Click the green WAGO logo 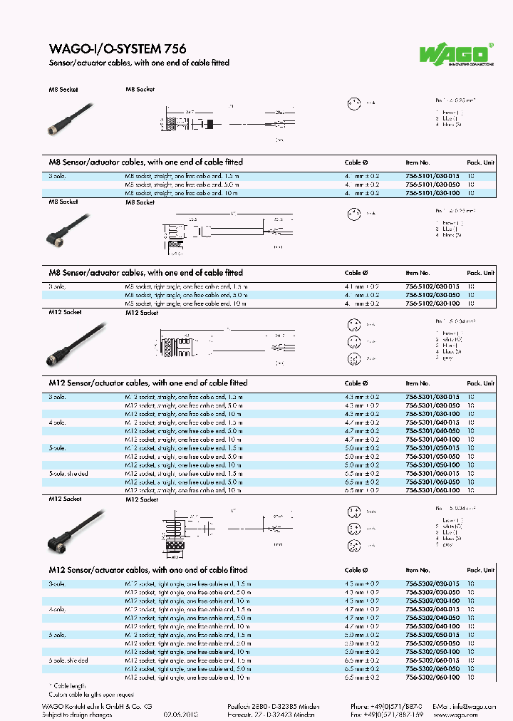tap(464, 53)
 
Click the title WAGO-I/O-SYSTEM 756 tap(118, 49)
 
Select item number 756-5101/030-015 tap(432, 175)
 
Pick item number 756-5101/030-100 tap(432, 192)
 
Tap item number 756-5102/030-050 tap(432, 294)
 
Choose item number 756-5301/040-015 tap(432, 422)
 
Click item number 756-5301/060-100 tap(432, 490)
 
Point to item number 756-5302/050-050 tap(432, 643)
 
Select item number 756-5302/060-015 tap(432, 660)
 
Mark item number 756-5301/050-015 tap(432, 447)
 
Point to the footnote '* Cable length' tap(68, 685)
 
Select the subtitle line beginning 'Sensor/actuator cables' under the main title tap(139, 63)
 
